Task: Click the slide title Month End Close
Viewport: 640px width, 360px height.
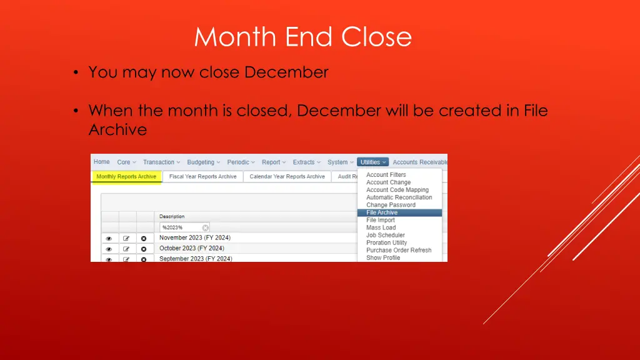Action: point(303,37)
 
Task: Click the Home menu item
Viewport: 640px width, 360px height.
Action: point(102,162)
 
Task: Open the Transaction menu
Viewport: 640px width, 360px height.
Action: point(161,162)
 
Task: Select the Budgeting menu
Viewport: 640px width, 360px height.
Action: point(204,162)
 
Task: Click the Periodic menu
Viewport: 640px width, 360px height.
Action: point(241,162)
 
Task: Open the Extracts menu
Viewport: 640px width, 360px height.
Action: point(306,162)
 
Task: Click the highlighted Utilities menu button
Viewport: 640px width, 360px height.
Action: point(373,162)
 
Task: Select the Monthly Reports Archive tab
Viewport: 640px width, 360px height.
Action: point(126,177)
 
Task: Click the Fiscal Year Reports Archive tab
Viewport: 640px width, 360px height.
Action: point(203,177)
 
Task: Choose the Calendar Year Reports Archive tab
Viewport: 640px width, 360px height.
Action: point(287,177)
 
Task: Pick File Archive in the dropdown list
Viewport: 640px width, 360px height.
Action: point(382,212)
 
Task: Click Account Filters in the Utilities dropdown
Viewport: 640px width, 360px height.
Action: point(386,175)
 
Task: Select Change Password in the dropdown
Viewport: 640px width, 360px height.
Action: point(391,205)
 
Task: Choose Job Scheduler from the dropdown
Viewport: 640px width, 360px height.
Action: point(386,235)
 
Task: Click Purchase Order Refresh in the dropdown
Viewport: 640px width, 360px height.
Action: point(399,250)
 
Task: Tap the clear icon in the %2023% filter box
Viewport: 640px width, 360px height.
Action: point(205,227)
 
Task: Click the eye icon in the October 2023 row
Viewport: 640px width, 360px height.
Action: point(109,249)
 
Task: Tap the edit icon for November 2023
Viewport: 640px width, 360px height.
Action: point(126,238)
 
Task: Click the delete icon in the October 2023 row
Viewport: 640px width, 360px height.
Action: point(144,249)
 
